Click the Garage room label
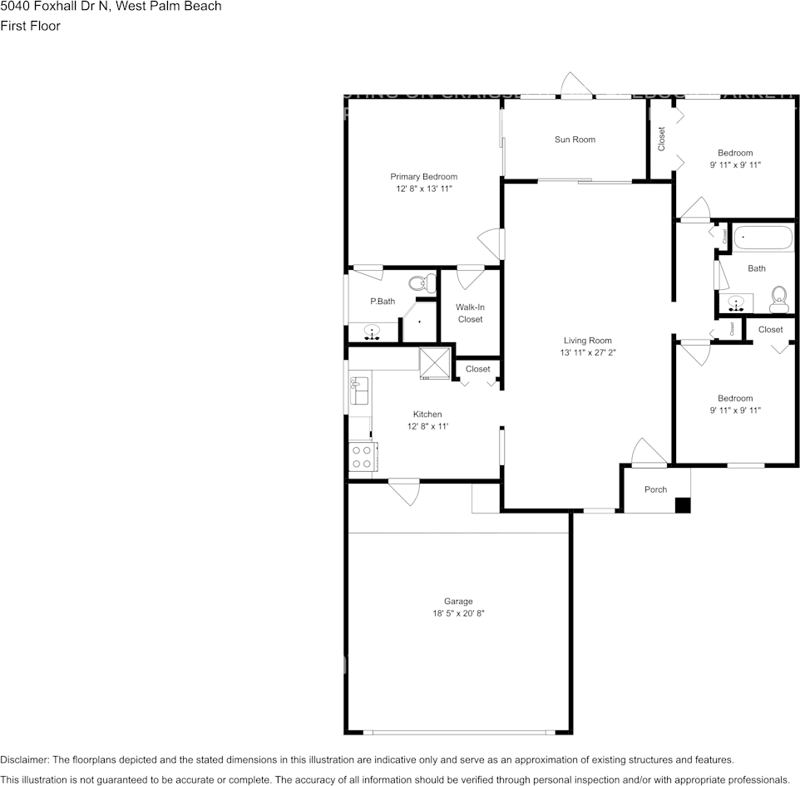coord(458,601)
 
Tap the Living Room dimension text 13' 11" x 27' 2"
coord(588,352)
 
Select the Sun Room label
coord(575,140)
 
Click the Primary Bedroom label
coord(423,176)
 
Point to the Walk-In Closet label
coord(470,313)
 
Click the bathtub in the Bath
coord(763,238)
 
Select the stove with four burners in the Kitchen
coord(362,456)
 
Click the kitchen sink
coord(360,390)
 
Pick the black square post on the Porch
coord(682,504)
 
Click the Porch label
coord(655,489)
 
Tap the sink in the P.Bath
coord(372,332)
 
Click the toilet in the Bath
coord(779,298)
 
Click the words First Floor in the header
coord(30,26)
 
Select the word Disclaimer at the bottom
coord(25,759)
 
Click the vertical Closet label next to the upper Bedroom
coord(661,138)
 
